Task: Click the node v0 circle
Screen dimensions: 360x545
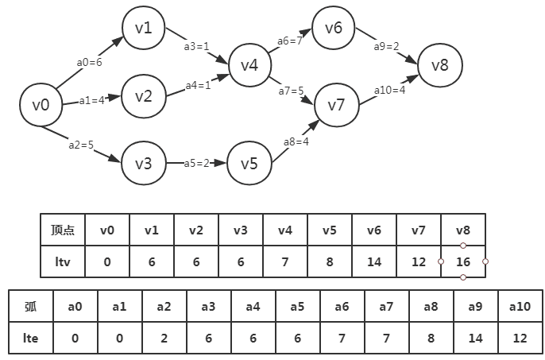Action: click(41, 104)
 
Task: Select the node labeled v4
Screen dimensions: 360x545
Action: click(249, 65)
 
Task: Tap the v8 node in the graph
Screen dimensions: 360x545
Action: click(439, 65)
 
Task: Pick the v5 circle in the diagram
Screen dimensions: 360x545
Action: click(249, 164)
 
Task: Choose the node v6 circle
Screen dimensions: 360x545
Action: click(334, 29)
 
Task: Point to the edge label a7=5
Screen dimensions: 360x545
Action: click(291, 91)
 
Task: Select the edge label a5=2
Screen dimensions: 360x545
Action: click(196, 164)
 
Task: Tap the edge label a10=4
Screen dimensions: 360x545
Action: click(390, 90)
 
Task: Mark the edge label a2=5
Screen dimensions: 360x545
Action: click(82, 145)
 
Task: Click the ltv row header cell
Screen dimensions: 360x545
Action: click(63, 261)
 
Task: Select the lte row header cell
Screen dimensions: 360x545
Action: click(30, 338)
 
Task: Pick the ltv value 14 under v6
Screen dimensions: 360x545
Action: click(373, 261)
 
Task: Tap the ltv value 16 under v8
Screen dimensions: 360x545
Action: click(462, 261)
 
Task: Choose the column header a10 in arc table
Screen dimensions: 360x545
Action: click(519, 306)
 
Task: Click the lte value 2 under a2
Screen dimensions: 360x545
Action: click(164, 338)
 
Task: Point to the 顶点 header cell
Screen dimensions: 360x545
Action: click(63, 230)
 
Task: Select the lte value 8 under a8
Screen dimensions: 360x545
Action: click(430, 338)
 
